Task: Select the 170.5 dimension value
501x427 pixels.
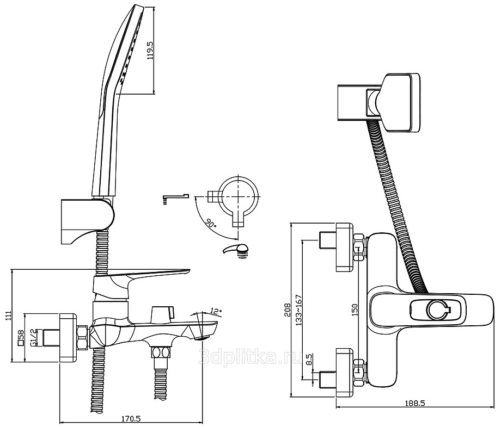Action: click(x=131, y=419)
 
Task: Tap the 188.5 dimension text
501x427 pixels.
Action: click(x=415, y=403)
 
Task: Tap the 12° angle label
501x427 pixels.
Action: click(x=216, y=311)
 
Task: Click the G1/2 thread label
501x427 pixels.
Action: click(x=33, y=337)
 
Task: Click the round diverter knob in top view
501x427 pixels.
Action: click(x=437, y=310)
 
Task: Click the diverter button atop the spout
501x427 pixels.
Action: click(x=162, y=313)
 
